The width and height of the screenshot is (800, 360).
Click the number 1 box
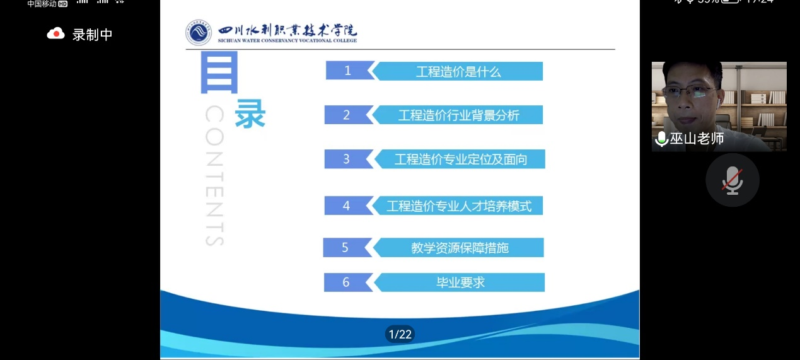[x=347, y=71]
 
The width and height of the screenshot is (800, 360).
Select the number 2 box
[x=346, y=115]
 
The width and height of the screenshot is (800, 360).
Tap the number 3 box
[x=346, y=159]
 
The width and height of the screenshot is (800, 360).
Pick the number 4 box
[x=346, y=206]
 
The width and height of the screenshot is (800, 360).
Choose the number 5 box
[x=345, y=247]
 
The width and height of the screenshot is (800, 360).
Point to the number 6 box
[x=345, y=282]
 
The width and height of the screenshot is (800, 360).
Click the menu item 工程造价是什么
[x=458, y=71]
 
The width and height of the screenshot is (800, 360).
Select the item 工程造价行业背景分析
[x=458, y=115]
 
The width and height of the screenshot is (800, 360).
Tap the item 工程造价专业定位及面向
[x=460, y=160]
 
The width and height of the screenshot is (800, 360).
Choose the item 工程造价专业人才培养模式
[x=459, y=206]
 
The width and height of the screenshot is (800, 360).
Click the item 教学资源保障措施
[x=459, y=248]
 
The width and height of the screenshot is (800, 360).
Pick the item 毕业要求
[x=460, y=282]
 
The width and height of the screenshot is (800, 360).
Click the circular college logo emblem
[x=199, y=33]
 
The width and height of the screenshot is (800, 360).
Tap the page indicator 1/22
[x=400, y=334]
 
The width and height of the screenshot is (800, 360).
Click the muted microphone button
[x=732, y=180]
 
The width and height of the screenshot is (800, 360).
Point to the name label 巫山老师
[x=697, y=139]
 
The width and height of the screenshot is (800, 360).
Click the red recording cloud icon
[x=56, y=34]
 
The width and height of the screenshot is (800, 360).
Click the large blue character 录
[x=250, y=115]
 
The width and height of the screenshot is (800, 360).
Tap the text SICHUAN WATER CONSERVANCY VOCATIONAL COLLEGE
[x=287, y=40]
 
